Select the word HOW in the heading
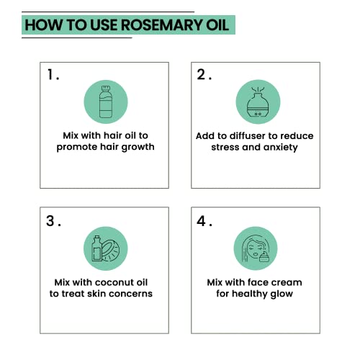tap(42, 25)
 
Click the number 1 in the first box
tap(51, 75)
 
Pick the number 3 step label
tap(51, 221)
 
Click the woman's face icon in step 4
tap(255, 249)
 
